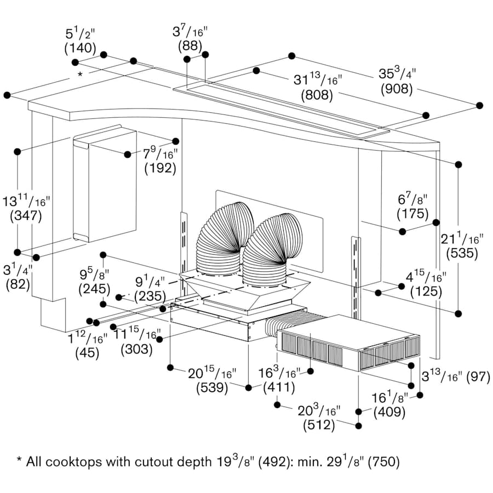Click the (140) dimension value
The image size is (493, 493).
tap(80, 48)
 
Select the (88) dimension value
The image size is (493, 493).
tap(190, 46)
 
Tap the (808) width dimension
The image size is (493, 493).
tap(317, 95)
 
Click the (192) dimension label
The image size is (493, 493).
tap(160, 169)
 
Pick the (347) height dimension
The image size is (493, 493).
tap(26, 216)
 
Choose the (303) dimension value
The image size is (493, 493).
tap(135, 348)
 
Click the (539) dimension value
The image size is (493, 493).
tap(212, 388)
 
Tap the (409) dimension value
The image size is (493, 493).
tap(389, 412)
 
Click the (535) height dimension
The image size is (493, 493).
tap(461, 254)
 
